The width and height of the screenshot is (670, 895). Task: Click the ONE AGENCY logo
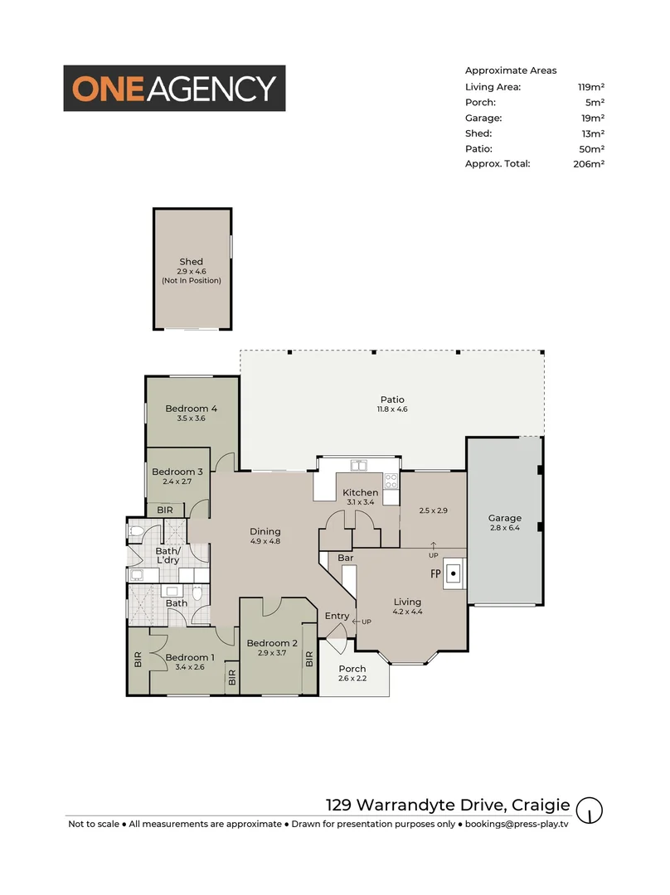pos(175,88)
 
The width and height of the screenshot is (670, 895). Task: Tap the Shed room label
pos(191,262)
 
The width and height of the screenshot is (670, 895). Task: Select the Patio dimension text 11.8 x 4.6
pos(392,409)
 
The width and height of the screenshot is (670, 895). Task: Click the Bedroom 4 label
pos(191,408)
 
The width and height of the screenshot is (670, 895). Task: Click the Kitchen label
pos(360,493)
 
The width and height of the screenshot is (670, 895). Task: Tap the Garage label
pos(504,518)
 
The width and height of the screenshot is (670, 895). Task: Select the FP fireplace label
pos(435,573)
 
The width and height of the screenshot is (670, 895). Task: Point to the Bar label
pos(346,559)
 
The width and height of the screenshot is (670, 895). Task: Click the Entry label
pos(337,616)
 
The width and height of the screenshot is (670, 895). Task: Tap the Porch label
pos(352,669)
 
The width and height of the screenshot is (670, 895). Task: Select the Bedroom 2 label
pos(272,643)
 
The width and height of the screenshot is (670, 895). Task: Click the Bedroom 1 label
pos(190,657)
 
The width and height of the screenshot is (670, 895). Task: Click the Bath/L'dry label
pos(167,555)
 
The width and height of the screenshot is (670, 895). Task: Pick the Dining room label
pos(265,531)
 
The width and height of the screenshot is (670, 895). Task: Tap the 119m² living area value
pos(590,86)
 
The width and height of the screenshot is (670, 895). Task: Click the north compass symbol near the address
pos(590,810)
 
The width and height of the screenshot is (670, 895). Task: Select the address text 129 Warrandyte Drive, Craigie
pos(447,805)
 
